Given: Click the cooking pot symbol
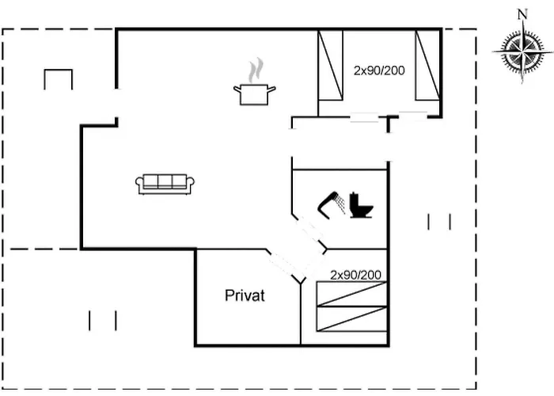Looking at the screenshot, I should [x=254, y=94].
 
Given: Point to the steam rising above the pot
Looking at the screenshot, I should [x=255, y=70].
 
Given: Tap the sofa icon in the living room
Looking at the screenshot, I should [x=165, y=184].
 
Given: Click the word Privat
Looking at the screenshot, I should [x=245, y=296].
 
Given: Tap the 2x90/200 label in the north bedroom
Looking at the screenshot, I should [x=379, y=70].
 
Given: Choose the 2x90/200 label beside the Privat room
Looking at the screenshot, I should [x=355, y=275].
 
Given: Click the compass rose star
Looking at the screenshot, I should [x=522, y=51].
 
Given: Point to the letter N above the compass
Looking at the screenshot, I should [x=522, y=13].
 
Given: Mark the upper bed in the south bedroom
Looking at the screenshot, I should [x=351, y=293].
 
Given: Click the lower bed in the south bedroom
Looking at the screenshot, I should [x=351, y=318].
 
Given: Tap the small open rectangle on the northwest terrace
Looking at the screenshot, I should [x=58, y=79].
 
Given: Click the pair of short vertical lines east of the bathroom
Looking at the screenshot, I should [x=439, y=222].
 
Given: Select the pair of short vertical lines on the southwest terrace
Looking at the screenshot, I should [x=103, y=321].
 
